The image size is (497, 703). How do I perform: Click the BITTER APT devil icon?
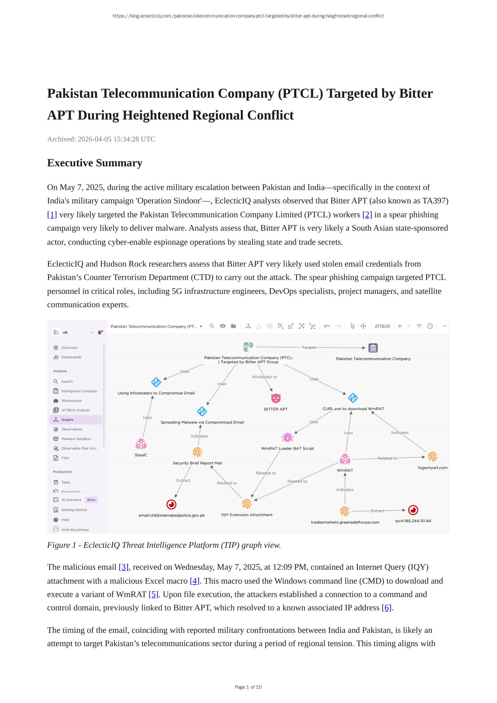(x=276, y=398)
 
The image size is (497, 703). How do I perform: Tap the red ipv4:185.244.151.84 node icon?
(x=413, y=510)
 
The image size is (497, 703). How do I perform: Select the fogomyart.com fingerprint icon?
(x=432, y=457)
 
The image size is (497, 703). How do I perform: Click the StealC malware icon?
(x=141, y=444)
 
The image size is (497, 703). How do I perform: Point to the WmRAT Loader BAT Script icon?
(x=287, y=437)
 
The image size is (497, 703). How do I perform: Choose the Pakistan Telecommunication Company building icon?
(x=373, y=348)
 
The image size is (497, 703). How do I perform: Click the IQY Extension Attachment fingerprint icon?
(x=247, y=504)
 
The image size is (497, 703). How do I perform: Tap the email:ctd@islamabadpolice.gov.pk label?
(x=172, y=515)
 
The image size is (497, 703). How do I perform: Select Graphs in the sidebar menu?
(x=67, y=420)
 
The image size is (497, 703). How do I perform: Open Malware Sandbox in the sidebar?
(x=76, y=439)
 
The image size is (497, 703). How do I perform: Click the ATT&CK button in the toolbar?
(x=382, y=326)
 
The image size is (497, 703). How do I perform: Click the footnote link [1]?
(x=52, y=215)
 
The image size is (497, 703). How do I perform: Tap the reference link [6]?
(x=387, y=608)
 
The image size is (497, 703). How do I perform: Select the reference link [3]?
(x=124, y=567)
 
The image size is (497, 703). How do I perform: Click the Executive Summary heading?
(x=95, y=163)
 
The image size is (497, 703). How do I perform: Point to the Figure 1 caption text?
(x=164, y=545)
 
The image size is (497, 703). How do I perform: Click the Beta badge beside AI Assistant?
(x=91, y=500)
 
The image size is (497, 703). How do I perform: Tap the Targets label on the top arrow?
(x=309, y=347)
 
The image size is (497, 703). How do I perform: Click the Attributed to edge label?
(x=264, y=377)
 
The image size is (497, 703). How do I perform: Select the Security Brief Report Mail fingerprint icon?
(x=197, y=452)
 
